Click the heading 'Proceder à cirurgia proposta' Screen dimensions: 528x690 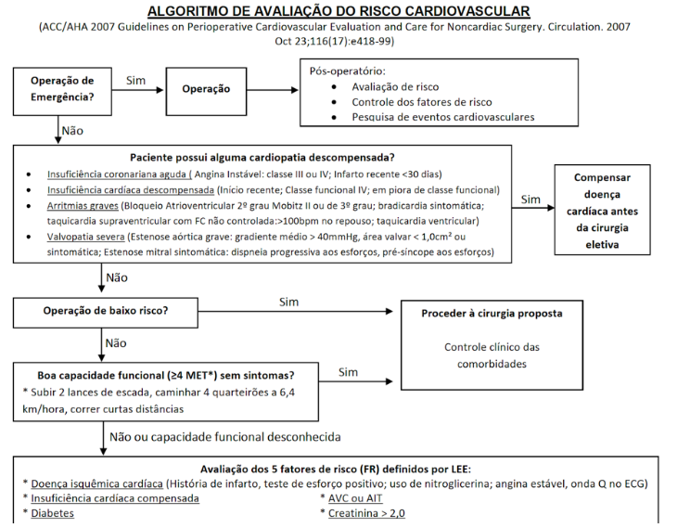click(492, 314)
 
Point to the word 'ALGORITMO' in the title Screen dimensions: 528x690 click(194, 11)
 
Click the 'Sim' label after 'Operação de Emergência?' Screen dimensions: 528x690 click(136, 80)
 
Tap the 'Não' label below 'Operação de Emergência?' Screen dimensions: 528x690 click(73, 130)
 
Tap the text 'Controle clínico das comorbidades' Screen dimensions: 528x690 click(492, 356)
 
